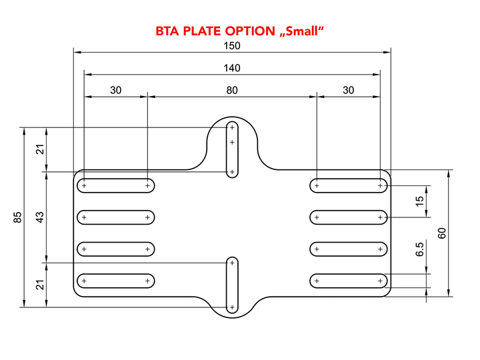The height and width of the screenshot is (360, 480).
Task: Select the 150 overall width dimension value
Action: point(232,46)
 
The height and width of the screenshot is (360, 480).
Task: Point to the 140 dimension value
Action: point(232,68)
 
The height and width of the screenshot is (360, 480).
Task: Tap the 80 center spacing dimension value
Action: point(232,90)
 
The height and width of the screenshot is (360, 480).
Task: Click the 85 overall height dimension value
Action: point(18,217)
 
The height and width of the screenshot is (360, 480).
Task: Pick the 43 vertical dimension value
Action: point(40,217)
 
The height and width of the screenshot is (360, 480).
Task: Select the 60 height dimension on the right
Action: point(442,233)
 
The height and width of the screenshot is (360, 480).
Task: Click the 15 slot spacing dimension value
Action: point(419,201)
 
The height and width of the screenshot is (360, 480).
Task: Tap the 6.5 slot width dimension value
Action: point(419,249)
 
